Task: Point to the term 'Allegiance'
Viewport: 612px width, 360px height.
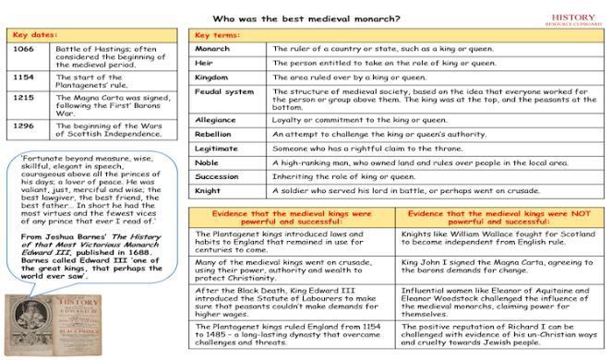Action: [x=217, y=119]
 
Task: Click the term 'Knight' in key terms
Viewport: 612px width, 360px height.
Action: [x=209, y=193]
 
